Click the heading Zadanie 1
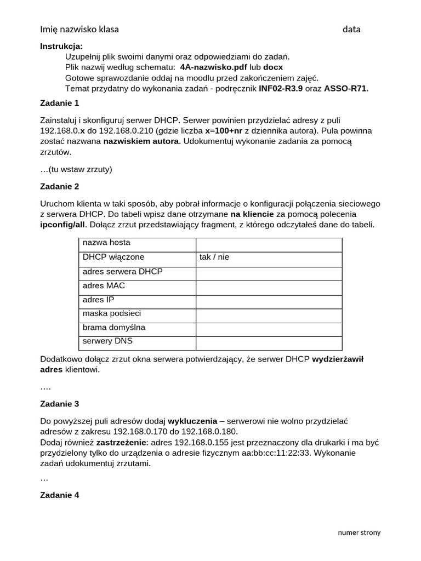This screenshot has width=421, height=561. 60,102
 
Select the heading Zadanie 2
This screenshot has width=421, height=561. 60,186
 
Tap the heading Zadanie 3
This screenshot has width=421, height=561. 60,404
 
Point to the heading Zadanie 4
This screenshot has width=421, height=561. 60,495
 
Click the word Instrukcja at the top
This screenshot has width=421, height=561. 61,46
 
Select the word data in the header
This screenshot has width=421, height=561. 351,29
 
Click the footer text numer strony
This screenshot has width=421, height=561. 359,532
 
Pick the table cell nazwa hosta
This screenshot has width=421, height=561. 106,243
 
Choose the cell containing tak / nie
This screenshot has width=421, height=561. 214,256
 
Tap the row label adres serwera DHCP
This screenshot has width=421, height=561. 122,271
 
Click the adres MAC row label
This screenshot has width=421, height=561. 104,285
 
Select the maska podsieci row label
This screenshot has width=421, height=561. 112,313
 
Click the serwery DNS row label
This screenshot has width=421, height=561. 107,341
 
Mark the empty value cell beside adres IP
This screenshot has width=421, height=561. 269,300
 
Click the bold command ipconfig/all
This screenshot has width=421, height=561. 62,225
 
